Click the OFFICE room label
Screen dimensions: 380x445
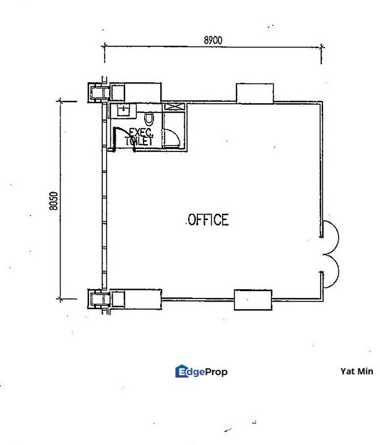[209, 220]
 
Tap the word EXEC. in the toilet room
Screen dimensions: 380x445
[141, 132]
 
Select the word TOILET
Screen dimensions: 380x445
[139, 141]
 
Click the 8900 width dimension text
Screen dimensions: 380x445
[213, 40]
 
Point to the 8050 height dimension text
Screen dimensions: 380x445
[53, 201]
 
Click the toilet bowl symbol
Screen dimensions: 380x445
[149, 119]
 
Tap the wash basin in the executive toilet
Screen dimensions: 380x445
[123, 111]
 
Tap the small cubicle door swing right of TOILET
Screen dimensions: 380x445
[172, 137]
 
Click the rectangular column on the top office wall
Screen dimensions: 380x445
[255, 93]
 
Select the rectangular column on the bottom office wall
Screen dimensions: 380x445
[253, 300]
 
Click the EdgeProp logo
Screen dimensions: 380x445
[201, 371]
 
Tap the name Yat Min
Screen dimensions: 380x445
[356, 371]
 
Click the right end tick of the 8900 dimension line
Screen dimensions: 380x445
[321, 47]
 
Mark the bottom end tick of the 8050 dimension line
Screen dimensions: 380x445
[60, 299]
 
